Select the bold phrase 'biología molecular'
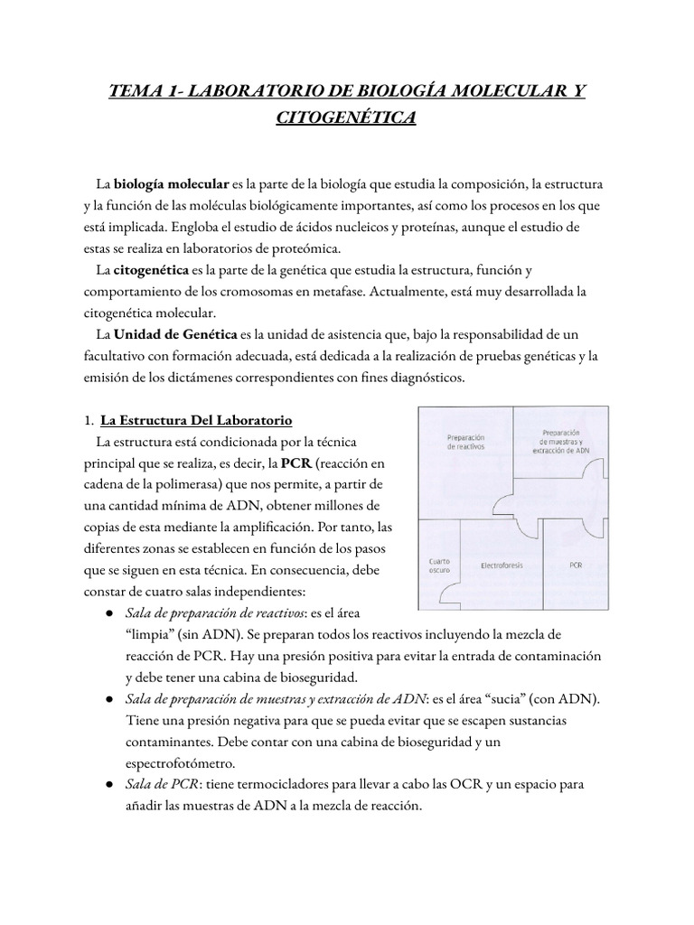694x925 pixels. tap(171, 184)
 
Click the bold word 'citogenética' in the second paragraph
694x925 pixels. tap(153, 270)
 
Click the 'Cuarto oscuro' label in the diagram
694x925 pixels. tap(438, 565)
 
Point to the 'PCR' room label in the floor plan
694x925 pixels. tap(577, 565)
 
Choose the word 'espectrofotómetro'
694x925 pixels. tap(181, 764)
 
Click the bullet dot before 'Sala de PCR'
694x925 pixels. tap(108, 785)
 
